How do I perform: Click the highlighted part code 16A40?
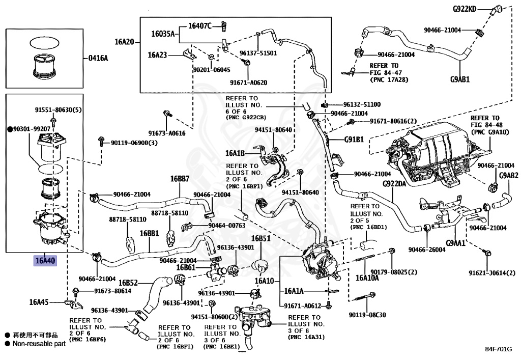(45, 262)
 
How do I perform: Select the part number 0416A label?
(98, 59)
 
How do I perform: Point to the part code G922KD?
(465, 9)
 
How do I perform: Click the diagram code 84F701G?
(499, 350)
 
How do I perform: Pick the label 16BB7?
(180, 179)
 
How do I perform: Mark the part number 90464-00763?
(226, 225)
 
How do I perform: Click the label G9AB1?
(460, 79)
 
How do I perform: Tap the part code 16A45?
(39, 301)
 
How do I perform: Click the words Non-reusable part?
(39, 344)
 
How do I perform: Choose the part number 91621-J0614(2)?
(491, 273)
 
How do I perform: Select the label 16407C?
(199, 25)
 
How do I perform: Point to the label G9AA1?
(456, 243)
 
